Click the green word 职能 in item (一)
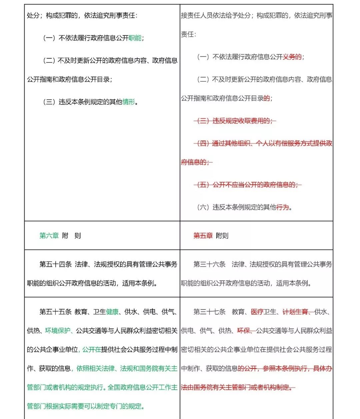[135, 38]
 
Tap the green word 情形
[129, 102]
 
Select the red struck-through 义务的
[292, 57]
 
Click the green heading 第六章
[49, 236]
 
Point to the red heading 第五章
[203, 236]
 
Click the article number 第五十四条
[55, 264]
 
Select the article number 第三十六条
[209, 264]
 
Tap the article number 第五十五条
[55, 312]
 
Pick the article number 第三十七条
[209, 312]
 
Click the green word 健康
[112, 312]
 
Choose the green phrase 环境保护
[58, 331]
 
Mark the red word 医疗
[257, 312]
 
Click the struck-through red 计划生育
[295, 312]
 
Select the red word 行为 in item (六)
[283, 207]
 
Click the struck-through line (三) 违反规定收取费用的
[235, 121]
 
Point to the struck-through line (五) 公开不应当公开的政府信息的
[248, 184]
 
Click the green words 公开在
[92, 350]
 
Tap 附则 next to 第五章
[222, 236]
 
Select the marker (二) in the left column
[49, 60]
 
